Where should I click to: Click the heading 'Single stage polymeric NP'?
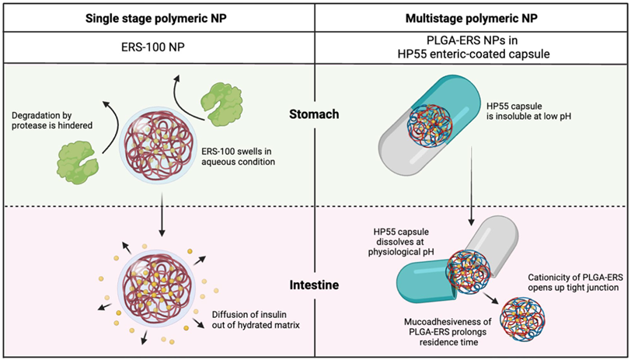click(158, 18)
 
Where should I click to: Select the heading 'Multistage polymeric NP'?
click(473, 18)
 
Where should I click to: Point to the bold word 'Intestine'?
click(316, 285)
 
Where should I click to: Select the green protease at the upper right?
click(222, 99)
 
